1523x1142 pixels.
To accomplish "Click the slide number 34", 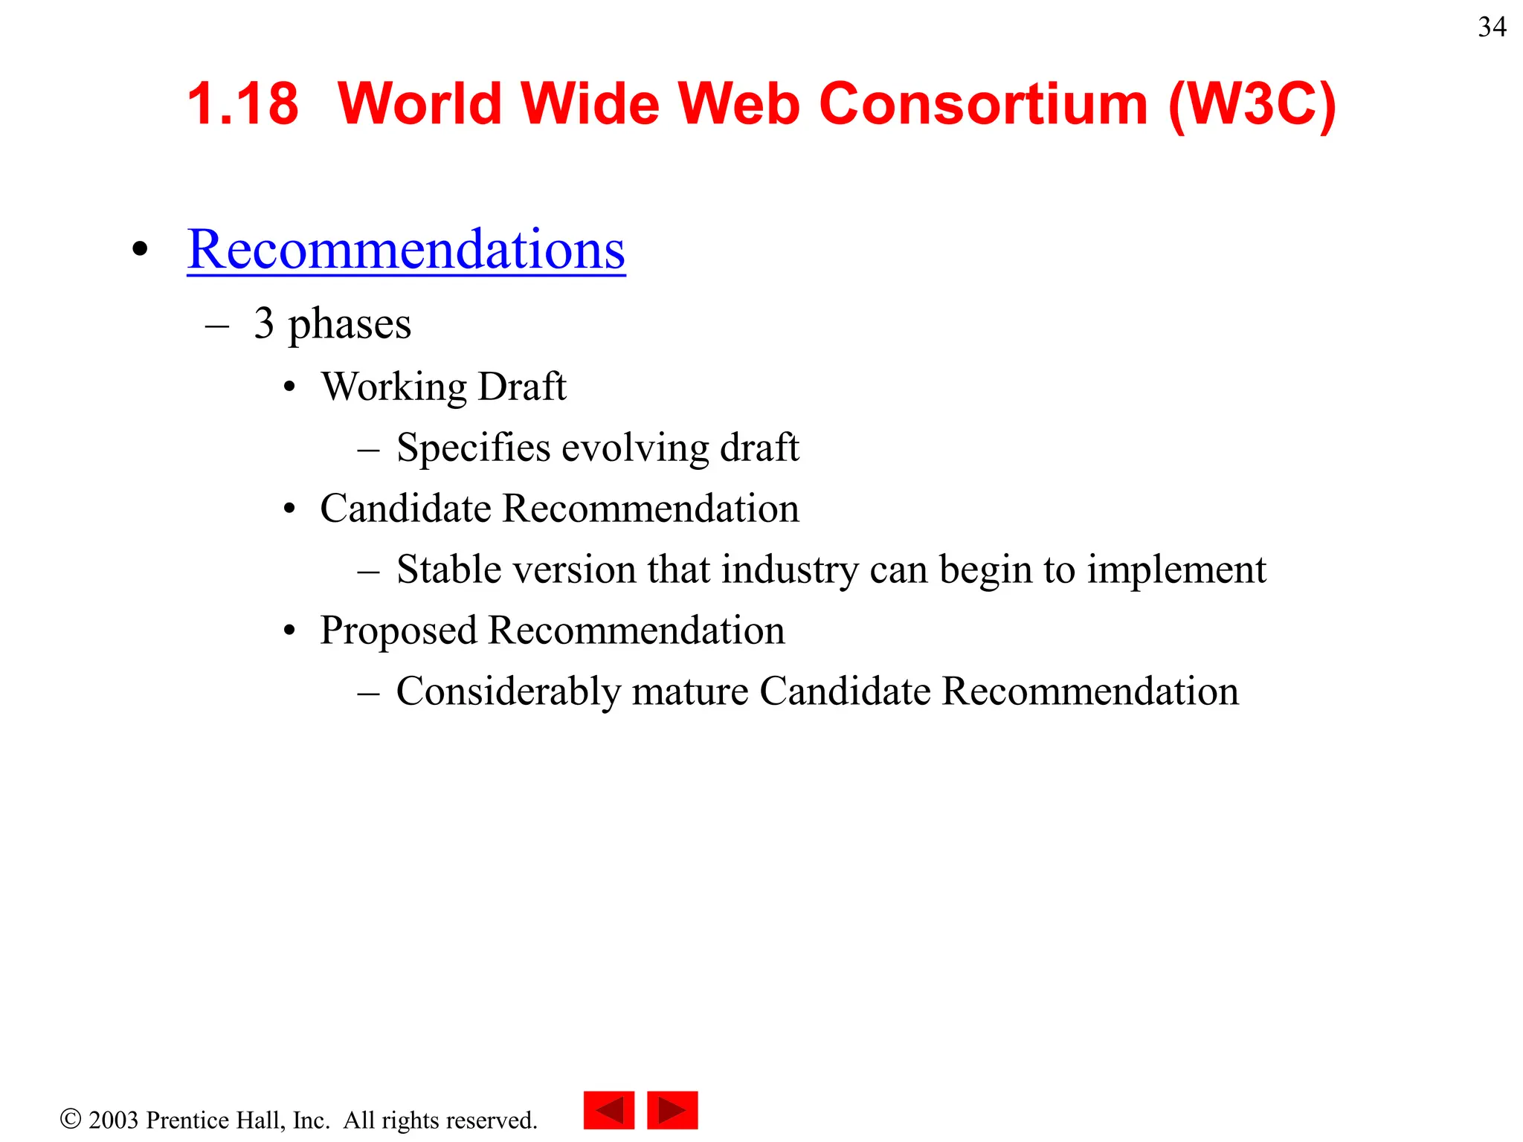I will pyautogui.click(x=1492, y=28).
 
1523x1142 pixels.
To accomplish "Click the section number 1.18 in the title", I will pyautogui.click(x=242, y=103).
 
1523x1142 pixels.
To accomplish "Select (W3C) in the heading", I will pyautogui.click(x=1252, y=105).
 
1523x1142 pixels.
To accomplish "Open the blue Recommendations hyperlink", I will pyautogui.click(x=406, y=249).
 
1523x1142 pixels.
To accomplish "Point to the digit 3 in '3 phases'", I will pyautogui.click(x=264, y=323).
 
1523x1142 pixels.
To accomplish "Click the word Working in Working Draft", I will pyautogui.click(x=394, y=387).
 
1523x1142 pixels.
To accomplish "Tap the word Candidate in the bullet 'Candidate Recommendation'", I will pyautogui.click(x=406, y=509).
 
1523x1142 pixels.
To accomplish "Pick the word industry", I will pyautogui.click(x=790, y=570).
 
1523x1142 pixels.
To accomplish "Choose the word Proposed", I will pyautogui.click(x=399, y=631).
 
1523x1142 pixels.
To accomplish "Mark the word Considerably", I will pyautogui.click(x=509, y=692).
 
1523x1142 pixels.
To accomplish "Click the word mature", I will pyautogui.click(x=689, y=692).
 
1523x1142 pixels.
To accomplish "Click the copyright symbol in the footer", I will pyautogui.click(x=71, y=1119).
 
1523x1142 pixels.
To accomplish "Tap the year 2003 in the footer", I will pyautogui.click(x=113, y=1120).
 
